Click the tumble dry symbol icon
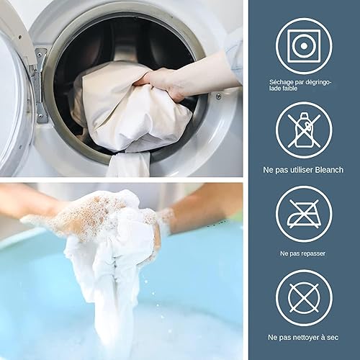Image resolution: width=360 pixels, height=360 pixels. click(304, 46)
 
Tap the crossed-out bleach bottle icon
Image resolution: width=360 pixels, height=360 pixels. click(304, 130)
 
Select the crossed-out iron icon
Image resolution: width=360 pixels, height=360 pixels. click(304, 214)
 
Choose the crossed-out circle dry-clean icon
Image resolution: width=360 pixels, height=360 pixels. click(304, 298)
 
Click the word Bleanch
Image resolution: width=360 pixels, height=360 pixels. click(329, 170)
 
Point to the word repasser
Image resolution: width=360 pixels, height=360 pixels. click(313, 253)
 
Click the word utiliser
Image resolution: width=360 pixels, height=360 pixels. click(301, 170)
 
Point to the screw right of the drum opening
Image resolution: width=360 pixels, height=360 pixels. click(218, 96)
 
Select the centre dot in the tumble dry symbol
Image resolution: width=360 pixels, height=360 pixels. click(304, 46)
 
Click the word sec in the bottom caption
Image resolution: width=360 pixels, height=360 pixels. click(333, 338)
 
